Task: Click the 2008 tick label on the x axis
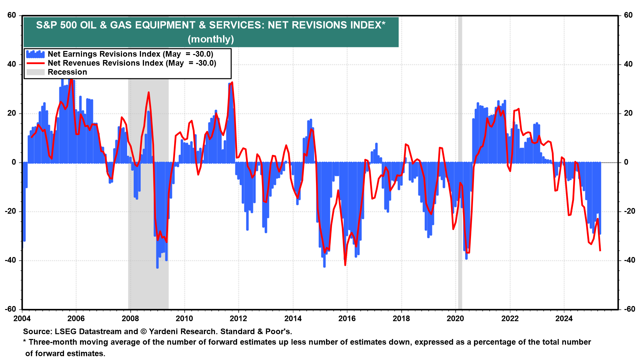click(x=130, y=319)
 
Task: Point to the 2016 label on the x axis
click(x=347, y=319)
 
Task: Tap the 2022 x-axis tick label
click(x=510, y=319)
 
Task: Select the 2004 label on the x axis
click(x=22, y=319)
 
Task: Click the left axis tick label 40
click(x=12, y=64)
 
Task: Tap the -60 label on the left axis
click(x=10, y=309)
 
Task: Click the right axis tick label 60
click(x=628, y=15)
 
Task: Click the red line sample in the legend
click(x=35, y=63)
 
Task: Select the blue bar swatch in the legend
click(x=35, y=54)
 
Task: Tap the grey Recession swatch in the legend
click(x=35, y=72)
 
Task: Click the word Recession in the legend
click(x=67, y=72)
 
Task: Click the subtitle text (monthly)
click(x=211, y=39)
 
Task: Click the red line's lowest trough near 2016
click(x=345, y=265)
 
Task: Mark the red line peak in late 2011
click(x=232, y=82)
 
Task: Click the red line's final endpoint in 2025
click(x=600, y=251)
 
